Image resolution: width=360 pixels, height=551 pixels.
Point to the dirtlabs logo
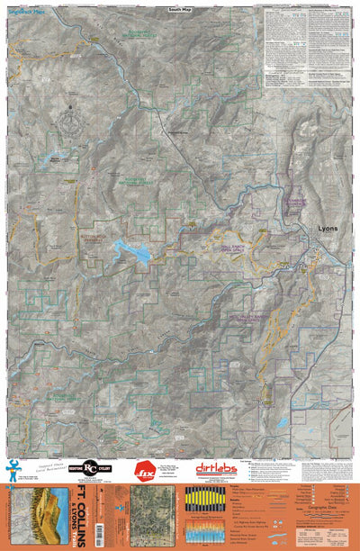click(x=219, y=468)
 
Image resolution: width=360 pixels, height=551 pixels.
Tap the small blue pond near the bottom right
click(x=282, y=420)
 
